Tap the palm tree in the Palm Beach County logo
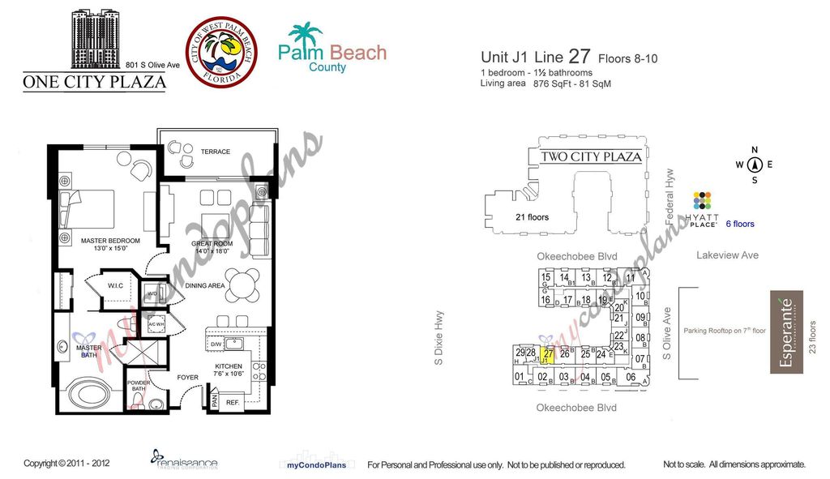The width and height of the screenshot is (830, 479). click(x=306, y=36)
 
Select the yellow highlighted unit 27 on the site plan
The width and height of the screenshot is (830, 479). click(x=548, y=354)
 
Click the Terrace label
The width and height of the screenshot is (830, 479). click(x=216, y=152)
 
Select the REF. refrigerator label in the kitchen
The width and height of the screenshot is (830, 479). click(x=232, y=401)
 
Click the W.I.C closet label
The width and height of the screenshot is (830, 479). click(x=115, y=285)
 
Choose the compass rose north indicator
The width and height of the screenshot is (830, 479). click(x=755, y=164)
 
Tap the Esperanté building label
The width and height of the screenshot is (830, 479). click(x=785, y=332)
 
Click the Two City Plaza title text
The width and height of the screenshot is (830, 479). click(x=590, y=156)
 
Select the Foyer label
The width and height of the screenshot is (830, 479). click(x=187, y=377)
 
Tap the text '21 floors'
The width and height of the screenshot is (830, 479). click(x=532, y=217)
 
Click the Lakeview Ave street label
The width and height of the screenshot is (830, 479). click(x=727, y=255)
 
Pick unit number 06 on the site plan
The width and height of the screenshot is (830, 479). click(x=631, y=377)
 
